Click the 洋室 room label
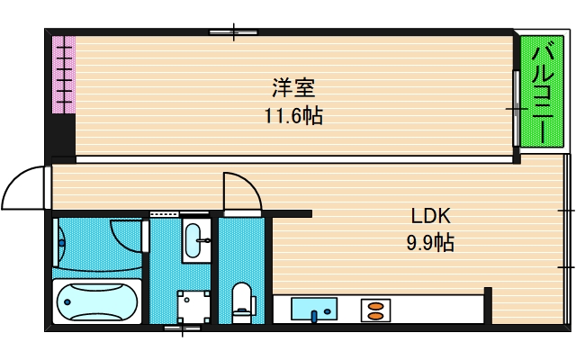(x=293, y=88)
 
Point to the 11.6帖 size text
(x=293, y=115)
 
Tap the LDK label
(x=430, y=216)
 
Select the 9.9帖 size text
(x=430, y=241)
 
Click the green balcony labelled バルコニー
(x=544, y=92)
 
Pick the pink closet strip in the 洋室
(x=63, y=75)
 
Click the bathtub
(x=97, y=301)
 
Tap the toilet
(x=242, y=301)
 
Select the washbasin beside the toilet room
(x=194, y=239)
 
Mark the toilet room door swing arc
(x=241, y=190)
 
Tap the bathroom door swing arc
(x=128, y=236)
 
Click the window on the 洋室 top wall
(x=234, y=33)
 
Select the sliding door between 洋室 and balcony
(x=516, y=108)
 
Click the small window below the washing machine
(x=182, y=328)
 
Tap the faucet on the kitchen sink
(x=314, y=316)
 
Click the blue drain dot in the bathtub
(x=60, y=240)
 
